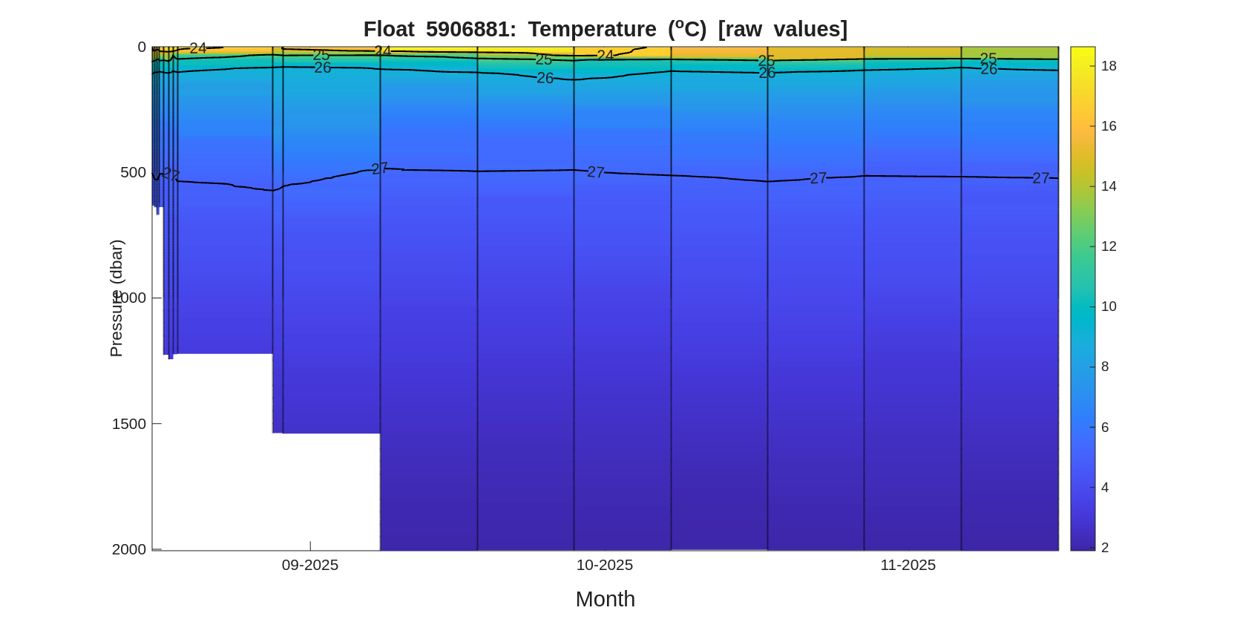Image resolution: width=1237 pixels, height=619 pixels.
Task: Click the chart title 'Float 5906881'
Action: click(x=439, y=29)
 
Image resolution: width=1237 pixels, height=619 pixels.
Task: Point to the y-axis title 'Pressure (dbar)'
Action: click(x=117, y=298)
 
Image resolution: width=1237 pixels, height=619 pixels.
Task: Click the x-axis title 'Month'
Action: click(x=605, y=599)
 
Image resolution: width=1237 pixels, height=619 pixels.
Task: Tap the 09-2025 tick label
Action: click(x=310, y=565)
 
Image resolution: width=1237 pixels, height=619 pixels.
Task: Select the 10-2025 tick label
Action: click(x=605, y=565)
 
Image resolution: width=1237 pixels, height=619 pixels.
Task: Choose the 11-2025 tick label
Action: click(x=908, y=565)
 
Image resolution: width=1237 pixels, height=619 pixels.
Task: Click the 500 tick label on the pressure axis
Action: click(x=134, y=172)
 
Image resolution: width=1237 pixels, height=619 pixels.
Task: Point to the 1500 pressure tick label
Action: click(x=129, y=424)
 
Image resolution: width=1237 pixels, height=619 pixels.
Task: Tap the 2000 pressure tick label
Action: click(x=129, y=549)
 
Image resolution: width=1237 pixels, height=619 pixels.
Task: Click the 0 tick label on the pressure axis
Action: click(x=142, y=47)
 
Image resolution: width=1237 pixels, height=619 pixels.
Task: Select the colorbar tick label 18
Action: click(x=1109, y=66)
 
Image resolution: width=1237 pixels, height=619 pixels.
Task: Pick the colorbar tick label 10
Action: click(x=1109, y=307)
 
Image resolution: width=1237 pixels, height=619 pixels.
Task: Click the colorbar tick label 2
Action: click(x=1105, y=548)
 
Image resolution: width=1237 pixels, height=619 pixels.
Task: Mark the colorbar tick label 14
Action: click(x=1109, y=186)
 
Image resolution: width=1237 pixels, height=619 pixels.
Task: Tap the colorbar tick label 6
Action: click(x=1105, y=428)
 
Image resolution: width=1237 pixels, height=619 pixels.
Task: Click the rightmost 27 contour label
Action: click(x=1040, y=178)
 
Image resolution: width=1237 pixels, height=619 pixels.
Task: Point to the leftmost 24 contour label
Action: click(x=198, y=48)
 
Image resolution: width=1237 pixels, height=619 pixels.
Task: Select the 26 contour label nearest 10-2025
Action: click(x=545, y=78)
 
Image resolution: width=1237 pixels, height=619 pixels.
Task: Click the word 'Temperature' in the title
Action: click(x=592, y=29)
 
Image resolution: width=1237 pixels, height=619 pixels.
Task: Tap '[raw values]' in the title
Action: click(x=782, y=29)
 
